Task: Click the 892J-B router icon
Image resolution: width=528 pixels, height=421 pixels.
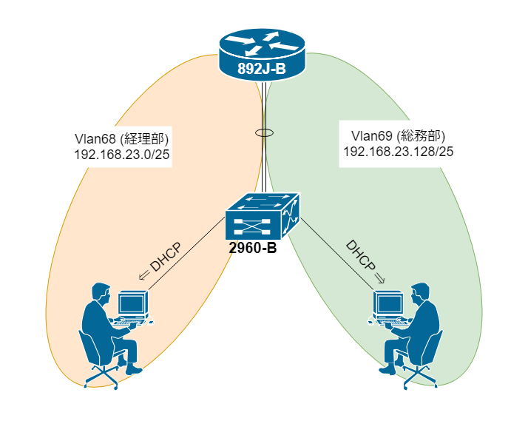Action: click(x=263, y=48)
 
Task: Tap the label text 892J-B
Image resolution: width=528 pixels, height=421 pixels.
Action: click(x=263, y=70)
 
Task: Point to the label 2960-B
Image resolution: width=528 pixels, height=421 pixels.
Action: click(x=253, y=249)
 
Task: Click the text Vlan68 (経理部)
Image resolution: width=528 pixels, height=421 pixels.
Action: click(x=122, y=138)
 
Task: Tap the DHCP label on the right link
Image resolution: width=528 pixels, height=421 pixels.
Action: click(x=359, y=256)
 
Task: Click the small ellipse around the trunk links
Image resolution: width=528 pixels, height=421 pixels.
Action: click(x=263, y=134)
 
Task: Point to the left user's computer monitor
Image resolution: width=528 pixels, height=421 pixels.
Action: click(x=132, y=303)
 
